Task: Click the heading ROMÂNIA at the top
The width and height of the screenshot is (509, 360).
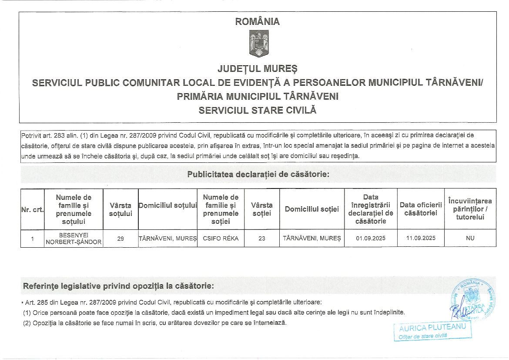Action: coord(258,21)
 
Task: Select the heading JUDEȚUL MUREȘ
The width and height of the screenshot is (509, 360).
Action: coord(258,69)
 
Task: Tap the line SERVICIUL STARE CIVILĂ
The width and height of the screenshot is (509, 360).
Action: coord(258,111)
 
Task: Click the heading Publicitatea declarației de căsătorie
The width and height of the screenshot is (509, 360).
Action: coord(258,175)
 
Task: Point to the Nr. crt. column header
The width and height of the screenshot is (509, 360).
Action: coord(32,209)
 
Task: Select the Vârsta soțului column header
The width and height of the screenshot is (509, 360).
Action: coord(121,209)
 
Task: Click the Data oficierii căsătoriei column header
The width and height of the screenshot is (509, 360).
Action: coord(420,209)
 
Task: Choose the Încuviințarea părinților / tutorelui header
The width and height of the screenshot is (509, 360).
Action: coord(470,209)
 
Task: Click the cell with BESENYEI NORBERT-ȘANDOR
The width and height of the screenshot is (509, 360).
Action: coord(74,238)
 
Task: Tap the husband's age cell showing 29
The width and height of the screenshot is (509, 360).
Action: coord(121,239)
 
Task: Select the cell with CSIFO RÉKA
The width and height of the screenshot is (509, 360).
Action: coord(221,239)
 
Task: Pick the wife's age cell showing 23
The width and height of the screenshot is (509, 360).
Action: coord(261,239)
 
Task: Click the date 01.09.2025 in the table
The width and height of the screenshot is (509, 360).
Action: coord(371,239)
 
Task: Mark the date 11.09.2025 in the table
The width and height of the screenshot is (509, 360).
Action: coord(420,239)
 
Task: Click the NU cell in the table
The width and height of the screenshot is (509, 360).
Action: coord(470,239)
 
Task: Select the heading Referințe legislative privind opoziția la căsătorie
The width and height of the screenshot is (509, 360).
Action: coord(118,286)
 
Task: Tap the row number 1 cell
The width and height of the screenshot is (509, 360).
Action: coord(32,239)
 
